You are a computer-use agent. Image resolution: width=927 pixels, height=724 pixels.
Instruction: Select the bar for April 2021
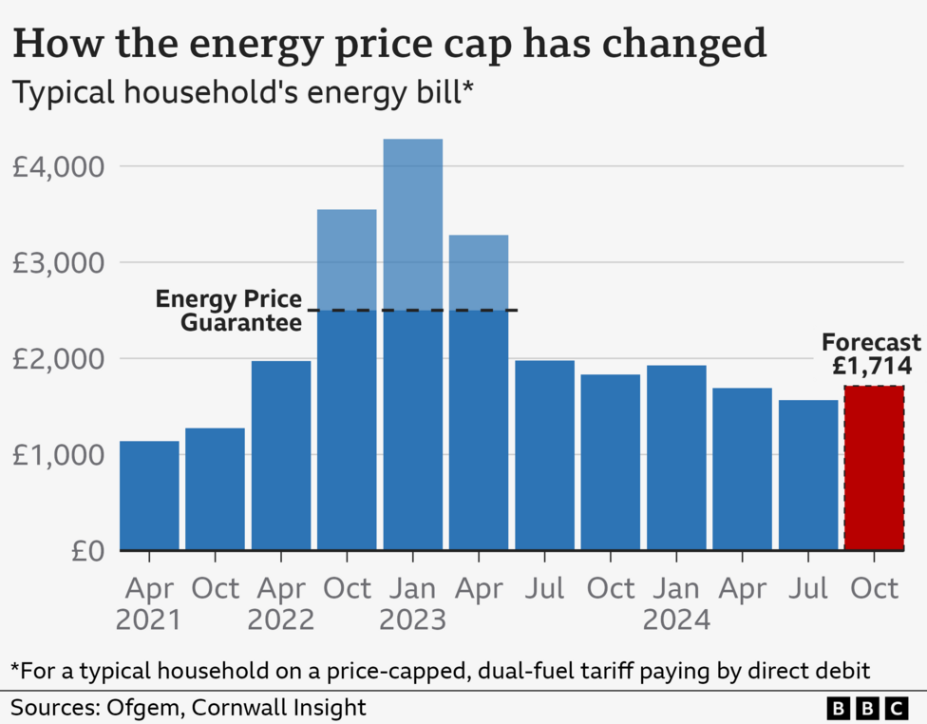(x=149, y=495)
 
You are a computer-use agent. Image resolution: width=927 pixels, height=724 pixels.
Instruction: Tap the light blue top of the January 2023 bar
(x=412, y=224)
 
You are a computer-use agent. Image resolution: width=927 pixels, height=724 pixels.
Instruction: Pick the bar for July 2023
(x=544, y=455)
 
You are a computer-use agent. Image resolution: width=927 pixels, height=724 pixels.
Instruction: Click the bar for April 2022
(x=281, y=455)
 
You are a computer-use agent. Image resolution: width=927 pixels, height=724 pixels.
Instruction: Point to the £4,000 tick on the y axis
(x=57, y=167)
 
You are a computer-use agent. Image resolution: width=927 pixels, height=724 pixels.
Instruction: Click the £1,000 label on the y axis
(x=57, y=455)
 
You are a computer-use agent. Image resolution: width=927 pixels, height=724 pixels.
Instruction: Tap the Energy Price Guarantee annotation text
(x=229, y=310)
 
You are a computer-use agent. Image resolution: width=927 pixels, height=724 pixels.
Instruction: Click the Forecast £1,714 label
(x=871, y=354)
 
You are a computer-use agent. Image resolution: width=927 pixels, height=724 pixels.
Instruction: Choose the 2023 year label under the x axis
(x=412, y=620)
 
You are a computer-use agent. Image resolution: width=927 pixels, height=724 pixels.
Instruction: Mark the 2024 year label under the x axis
(x=676, y=620)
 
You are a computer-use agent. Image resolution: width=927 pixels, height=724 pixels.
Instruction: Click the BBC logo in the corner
(x=867, y=708)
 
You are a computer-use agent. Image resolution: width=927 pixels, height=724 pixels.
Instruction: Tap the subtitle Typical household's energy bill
(x=242, y=94)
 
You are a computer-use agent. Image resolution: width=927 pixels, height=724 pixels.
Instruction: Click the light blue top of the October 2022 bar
(x=347, y=259)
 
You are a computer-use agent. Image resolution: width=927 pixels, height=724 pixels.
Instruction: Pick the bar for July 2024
(x=808, y=475)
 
